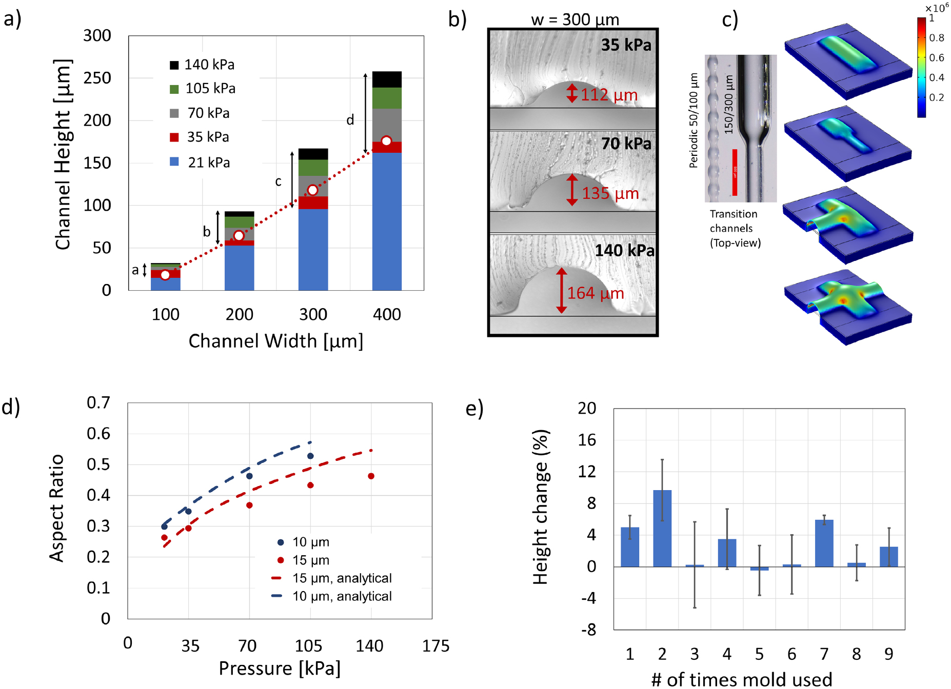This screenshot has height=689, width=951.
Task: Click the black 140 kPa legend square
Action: pos(174,65)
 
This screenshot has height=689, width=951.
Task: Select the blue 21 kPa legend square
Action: pos(174,162)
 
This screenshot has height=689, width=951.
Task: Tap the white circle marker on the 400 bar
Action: pos(386,141)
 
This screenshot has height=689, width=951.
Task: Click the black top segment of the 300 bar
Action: pos(313,154)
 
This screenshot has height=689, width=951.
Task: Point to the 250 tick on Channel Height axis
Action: pos(97,78)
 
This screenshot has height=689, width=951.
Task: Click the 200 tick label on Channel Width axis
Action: pos(239,314)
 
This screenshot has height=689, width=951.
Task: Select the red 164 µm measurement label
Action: pos(595,293)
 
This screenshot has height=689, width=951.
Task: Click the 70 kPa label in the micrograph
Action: pos(626,144)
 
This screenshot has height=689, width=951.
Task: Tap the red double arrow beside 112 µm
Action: pos(572,93)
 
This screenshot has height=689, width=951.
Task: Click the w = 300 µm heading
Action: pos(574,19)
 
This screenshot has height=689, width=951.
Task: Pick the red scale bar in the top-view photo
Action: pos(735,172)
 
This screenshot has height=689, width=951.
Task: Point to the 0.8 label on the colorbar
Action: pos(937,38)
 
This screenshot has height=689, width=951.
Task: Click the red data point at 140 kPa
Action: pos(371,476)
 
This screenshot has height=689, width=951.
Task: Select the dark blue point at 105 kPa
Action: pos(310,456)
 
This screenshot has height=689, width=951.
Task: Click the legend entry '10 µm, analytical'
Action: pos(342,596)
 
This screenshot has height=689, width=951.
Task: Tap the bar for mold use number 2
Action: pos(662,528)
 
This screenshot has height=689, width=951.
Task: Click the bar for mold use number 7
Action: pos(824,543)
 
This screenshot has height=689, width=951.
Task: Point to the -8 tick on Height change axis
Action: pos(588,630)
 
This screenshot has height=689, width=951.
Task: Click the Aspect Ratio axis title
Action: pos(56,508)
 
